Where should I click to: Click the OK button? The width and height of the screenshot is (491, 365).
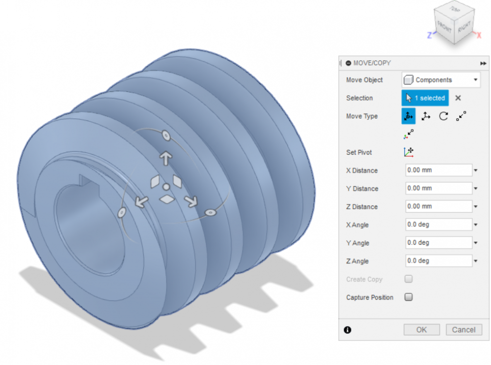pos(421,330)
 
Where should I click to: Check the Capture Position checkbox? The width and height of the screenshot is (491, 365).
pos(409,297)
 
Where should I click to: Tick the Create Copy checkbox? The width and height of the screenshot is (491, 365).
pos(409,279)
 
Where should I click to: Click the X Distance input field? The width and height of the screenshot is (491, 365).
pos(438,170)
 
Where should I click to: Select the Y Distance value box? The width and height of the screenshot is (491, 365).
pos(438,188)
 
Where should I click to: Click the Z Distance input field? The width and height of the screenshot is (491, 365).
pos(438,206)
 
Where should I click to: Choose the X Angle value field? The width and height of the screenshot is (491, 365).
pos(438,225)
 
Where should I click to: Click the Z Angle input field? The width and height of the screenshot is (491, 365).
pos(438,261)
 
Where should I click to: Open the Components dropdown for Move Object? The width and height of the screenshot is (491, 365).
pos(441,80)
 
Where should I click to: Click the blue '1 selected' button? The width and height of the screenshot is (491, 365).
pos(425,98)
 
